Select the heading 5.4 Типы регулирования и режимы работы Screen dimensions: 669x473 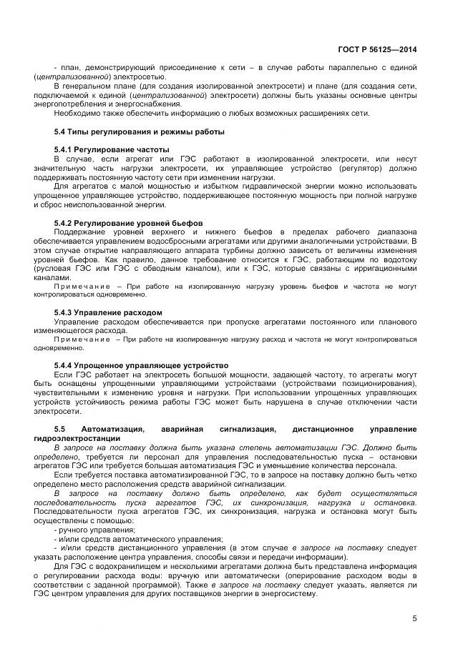point(140,132)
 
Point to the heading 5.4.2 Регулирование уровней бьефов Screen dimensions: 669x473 point(128,223)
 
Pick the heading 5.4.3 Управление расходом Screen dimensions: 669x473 point(108,312)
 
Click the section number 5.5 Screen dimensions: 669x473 point(60,428)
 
